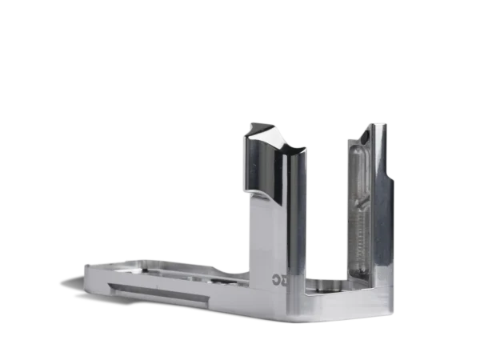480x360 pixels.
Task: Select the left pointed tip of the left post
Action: [249, 124]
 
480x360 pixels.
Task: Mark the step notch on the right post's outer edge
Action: [391, 173]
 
